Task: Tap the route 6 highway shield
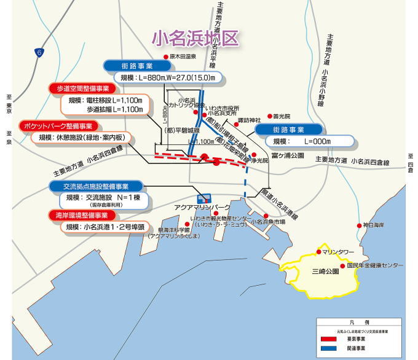tap(40, 53)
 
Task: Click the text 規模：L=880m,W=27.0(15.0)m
tap(160, 78)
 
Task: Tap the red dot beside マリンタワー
tap(319, 251)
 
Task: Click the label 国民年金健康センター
tap(376, 265)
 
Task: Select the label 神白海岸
tap(374, 225)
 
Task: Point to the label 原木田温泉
tap(183, 57)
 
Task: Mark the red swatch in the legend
tap(329, 337)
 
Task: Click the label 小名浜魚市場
tap(270, 221)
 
